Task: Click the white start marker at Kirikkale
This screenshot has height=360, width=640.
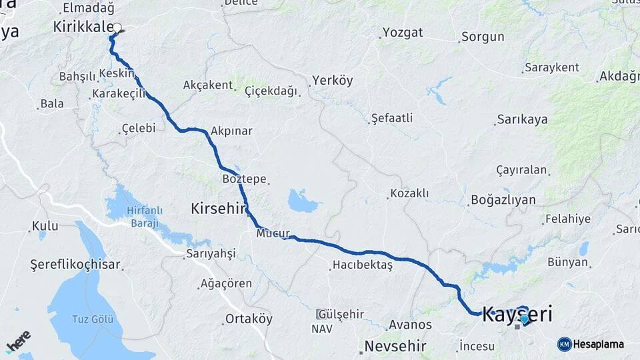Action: click(x=117, y=28)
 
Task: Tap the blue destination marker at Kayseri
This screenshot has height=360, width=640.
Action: click(x=525, y=319)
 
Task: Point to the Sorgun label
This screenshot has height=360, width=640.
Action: click(x=483, y=37)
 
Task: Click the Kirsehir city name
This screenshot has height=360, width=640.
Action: click(x=219, y=208)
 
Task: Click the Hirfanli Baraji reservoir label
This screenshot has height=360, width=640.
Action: click(x=135, y=217)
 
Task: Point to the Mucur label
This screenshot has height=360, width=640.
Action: click(x=271, y=234)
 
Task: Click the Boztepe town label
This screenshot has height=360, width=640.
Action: click(x=245, y=179)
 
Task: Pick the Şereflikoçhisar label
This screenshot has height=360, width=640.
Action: click(x=75, y=265)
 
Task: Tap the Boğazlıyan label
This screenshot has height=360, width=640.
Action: click(x=503, y=199)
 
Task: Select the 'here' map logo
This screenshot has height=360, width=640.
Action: click(x=18, y=341)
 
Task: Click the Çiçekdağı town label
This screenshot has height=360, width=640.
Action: click(x=271, y=91)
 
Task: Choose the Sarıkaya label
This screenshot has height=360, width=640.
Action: click(x=522, y=119)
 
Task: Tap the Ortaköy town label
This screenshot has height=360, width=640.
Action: click(x=249, y=319)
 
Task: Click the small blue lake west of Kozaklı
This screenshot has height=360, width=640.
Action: click(x=304, y=201)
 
